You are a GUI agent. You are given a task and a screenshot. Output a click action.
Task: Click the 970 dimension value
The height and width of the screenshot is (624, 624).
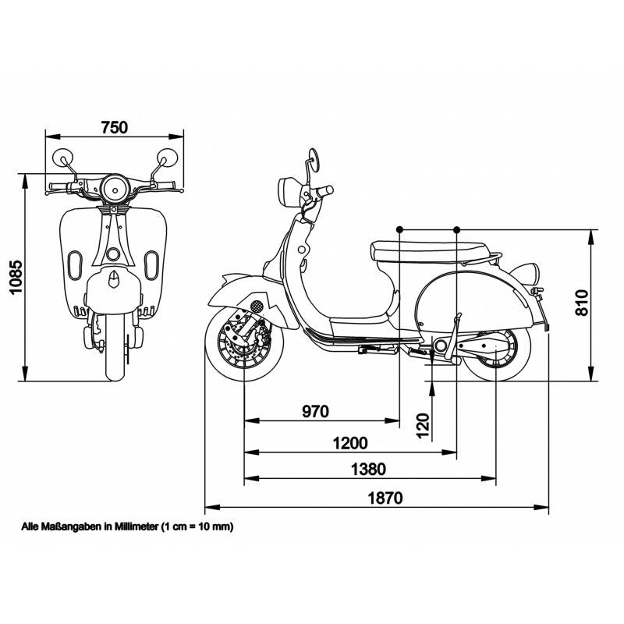pyautogui.click(x=315, y=411)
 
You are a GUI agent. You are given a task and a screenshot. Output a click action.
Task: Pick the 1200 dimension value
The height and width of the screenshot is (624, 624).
pyautogui.click(x=349, y=443)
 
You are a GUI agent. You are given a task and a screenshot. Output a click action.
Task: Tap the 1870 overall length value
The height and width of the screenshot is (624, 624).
pyautogui.click(x=387, y=498)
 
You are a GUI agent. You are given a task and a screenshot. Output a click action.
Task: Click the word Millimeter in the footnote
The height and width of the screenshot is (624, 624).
pyautogui.click(x=133, y=526)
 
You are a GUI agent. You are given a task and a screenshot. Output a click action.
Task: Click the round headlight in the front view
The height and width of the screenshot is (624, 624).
pyautogui.click(x=115, y=187)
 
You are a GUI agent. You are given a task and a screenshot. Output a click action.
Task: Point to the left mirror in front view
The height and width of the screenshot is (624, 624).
pyautogui.click(x=62, y=158)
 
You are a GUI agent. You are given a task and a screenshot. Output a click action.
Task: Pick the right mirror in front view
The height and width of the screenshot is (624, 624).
pyautogui.click(x=168, y=157)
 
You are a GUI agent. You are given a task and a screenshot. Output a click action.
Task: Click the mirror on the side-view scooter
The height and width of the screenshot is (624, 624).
pyautogui.click(x=313, y=160)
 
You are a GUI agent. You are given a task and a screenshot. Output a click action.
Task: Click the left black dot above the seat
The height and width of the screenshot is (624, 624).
pyautogui.click(x=399, y=229)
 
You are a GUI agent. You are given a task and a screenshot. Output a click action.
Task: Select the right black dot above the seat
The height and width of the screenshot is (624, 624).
pyautogui.click(x=457, y=229)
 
